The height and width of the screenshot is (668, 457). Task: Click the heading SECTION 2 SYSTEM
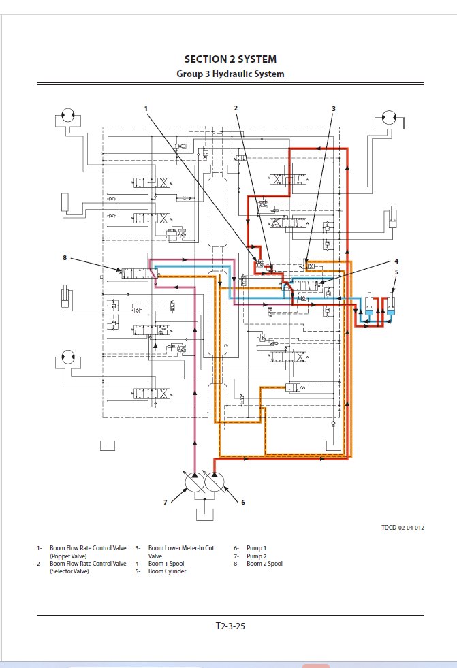(230, 59)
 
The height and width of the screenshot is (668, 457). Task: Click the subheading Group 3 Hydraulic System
(230, 74)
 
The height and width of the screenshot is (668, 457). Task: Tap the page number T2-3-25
(230, 626)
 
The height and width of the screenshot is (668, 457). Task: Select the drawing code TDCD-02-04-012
(403, 528)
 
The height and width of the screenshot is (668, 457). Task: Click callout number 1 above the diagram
(146, 109)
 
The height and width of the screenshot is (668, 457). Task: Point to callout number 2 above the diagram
(236, 108)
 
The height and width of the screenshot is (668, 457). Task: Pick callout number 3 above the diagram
(334, 109)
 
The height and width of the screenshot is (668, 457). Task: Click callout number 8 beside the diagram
(65, 258)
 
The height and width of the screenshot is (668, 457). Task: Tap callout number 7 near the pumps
(166, 503)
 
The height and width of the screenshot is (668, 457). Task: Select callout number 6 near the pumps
(243, 503)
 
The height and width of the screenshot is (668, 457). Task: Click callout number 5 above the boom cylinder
(396, 272)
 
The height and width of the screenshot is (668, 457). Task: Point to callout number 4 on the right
(396, 261)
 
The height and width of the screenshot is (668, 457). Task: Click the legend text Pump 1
(256, 548)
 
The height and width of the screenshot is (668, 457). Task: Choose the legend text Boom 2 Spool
(264, 564)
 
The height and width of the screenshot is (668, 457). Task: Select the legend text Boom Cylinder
(167, 571)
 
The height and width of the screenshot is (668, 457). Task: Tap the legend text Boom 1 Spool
(166, 564)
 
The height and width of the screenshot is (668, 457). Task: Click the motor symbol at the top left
(68, 115)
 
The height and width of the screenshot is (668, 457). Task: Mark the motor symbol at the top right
(390, 117)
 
